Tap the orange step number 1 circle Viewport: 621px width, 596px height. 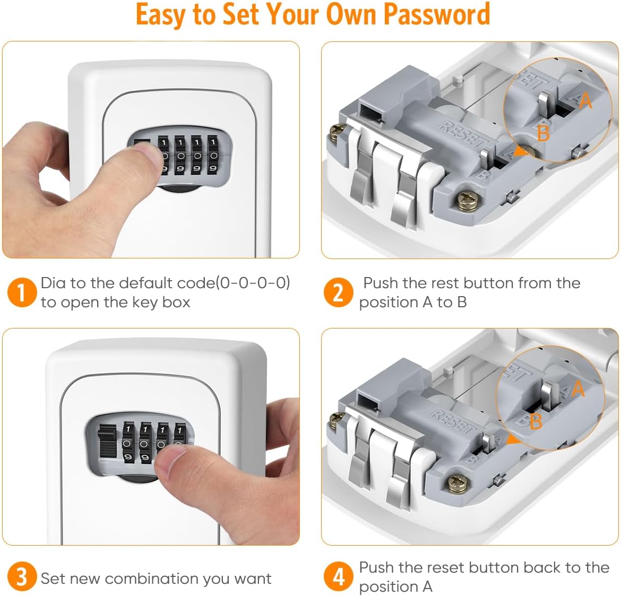pyautogui.click(x=21, y=292)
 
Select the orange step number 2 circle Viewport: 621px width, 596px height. pyautogui.click(x=338, y=292)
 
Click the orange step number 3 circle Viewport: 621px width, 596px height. pyautogui.click(x=21, y=577)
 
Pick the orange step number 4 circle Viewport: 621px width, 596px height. pyautogui.click(x=338, y=577)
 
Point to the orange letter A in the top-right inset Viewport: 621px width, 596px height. pyautogui.click(x=585, y=100)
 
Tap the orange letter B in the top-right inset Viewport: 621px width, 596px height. pyautogui.click(x=543, y=133)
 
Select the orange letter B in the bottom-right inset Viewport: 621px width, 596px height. pyautogui.click(x=535, y=421)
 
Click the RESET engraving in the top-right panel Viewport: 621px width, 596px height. pyautogui.click(x=461, y=134)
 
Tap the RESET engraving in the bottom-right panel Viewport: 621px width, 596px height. pyautogui.click(x=453, y=421)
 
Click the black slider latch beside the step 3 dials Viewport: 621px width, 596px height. pyautogui.click(x=108, y=440)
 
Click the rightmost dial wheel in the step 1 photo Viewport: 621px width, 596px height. pyautogui.click(x=213, y=156)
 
